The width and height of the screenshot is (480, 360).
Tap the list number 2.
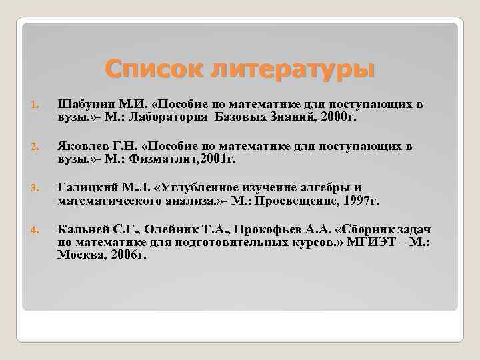click(x=35, y=147)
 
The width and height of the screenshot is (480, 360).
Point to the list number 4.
click(x=35, y=230)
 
